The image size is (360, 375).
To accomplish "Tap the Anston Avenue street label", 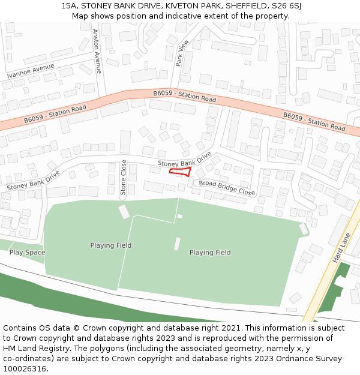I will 97,51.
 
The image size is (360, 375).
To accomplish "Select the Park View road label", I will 182,53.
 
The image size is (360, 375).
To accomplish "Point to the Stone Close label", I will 124,178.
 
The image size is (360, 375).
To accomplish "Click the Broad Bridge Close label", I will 227,188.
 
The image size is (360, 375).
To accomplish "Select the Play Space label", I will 27,253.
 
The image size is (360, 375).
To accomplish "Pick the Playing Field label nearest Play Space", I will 111,245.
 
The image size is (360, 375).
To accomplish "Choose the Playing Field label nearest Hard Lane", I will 210,253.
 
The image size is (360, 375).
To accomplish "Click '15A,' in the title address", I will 70,6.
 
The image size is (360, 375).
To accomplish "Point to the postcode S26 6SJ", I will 286,6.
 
